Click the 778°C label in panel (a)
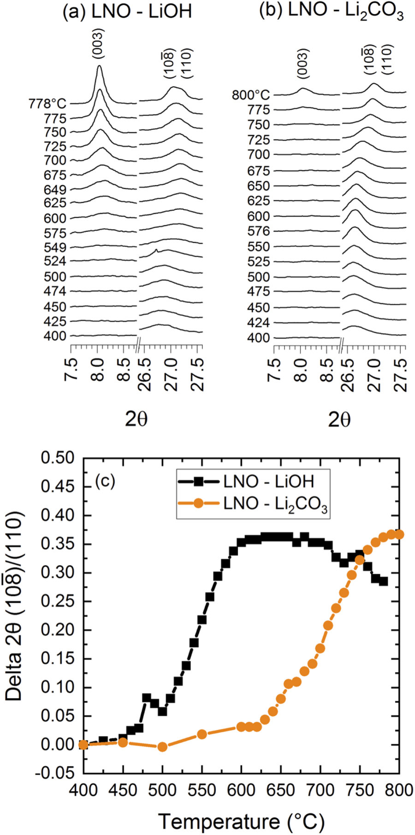pos(46,104)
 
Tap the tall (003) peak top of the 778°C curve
pos(99,66)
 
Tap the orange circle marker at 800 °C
pos(399,534)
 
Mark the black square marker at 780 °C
pos(384,581)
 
